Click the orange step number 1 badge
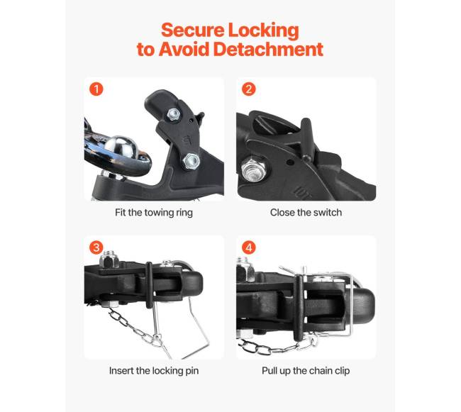[96, 89]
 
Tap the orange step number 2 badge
[248, 89]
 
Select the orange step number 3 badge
[96, 247]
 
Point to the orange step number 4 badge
[248, 247]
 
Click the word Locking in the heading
[263, 31]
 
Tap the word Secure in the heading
[193, 30]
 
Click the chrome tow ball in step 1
[121, 146]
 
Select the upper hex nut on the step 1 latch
[174, 114]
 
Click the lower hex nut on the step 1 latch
[191, 162]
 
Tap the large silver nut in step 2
[254, 170]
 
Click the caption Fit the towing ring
[154, 213]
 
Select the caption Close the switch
[306, 213]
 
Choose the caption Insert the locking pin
[154, 371]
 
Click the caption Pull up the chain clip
[306, 371]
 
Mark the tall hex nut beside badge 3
[109, 259]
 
